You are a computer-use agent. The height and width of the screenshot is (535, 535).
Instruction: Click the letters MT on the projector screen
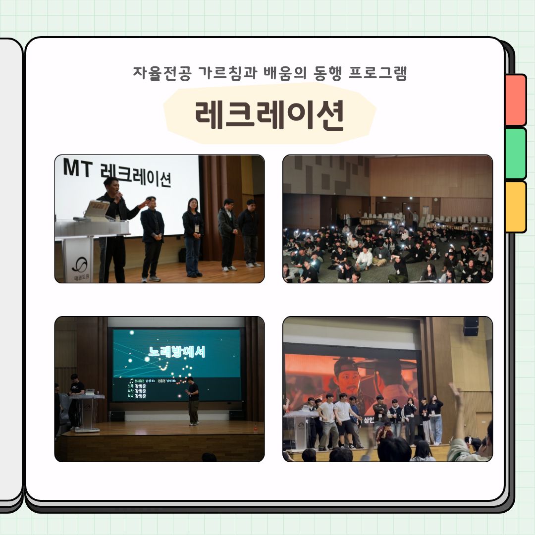click(x=78, y=169)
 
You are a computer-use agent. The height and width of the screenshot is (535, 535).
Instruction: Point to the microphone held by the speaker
click(x=119, y=195)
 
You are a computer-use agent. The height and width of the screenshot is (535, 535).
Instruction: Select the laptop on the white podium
click(x=97, y=210)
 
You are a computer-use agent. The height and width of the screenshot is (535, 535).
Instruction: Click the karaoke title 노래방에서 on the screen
click(x=177, y=351)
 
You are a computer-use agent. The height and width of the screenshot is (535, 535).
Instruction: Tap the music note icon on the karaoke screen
click(x=131, y=380)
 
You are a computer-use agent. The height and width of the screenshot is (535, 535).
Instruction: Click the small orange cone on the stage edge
click(x=256, y=425)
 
